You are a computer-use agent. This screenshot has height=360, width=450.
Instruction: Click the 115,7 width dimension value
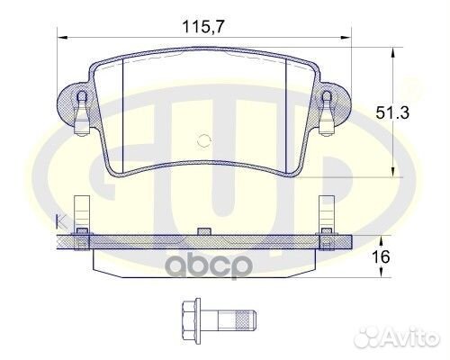pyautogui.click(x=203, y=27)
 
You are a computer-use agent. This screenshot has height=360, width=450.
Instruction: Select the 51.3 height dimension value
pyautogui.click(x=392, y=113)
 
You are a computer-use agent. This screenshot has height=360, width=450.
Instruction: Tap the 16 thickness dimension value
pyautogui.click(x=381, y=256)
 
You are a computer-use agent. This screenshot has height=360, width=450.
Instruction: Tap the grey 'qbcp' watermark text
pyautogui.click(x=209, y=265)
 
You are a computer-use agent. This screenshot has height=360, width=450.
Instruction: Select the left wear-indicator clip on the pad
pyautogui.click(x=82, y=113)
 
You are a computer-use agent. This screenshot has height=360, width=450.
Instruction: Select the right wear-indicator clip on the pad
pyautogui.click(x=327, y=113)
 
